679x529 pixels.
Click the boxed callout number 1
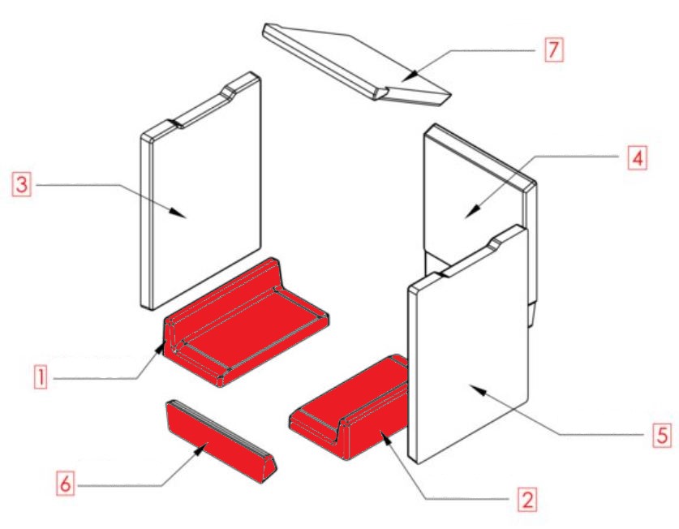pyautogui.click(x=41, y=376)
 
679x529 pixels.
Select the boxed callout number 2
pyautogui.click(x=527, y=500)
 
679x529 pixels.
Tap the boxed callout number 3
pyautogui.click(x=22, y=184)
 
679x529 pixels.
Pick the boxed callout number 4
pyautogui.click(x=638, y=158)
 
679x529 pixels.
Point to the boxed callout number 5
pyautogui.click(x=662, y=435)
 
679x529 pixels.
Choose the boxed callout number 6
pyautogui.click(x=65, y=483)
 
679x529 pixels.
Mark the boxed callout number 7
pyautogui.click(x=554, y=49)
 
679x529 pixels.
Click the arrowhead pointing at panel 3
pyautogui.click(x=178, y=213)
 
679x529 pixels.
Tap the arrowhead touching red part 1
pyautogui.click(x=161, y=347)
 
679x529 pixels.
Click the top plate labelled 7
pyautogui.click(x=357, y=64)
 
